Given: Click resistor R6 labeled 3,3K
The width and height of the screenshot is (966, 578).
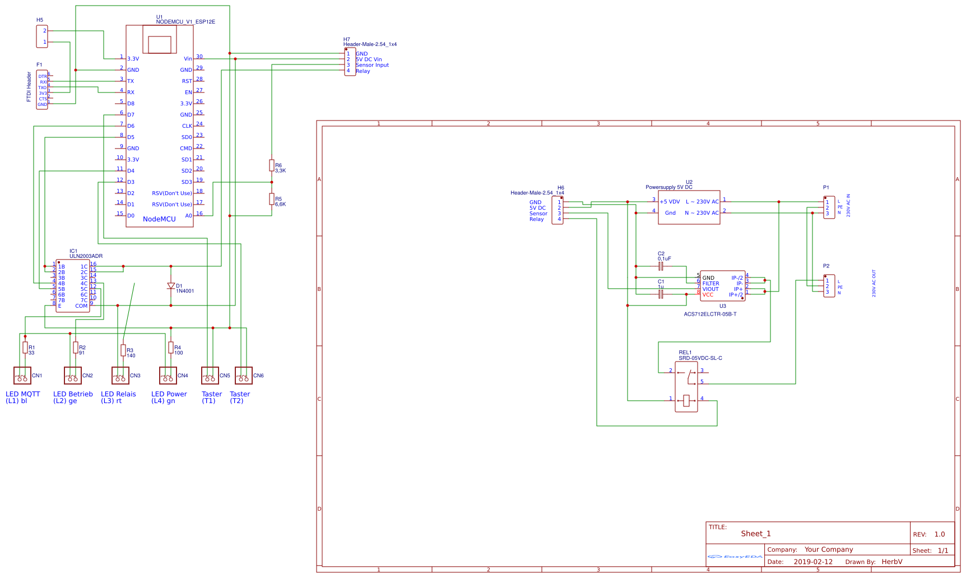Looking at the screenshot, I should point(272,165).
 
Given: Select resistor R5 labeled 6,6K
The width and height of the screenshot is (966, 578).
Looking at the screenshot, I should point(272,199).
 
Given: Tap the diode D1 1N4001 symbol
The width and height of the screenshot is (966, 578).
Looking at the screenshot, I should point(171,286).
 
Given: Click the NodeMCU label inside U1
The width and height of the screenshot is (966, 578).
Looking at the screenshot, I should point(159,219).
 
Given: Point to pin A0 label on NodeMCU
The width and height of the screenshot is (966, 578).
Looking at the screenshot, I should point(188,216).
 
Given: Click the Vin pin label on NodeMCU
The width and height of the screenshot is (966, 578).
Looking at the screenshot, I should point(188,59).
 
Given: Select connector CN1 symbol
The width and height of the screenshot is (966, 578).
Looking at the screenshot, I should point(22,376).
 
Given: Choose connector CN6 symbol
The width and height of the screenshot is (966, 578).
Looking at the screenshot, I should point(243,376).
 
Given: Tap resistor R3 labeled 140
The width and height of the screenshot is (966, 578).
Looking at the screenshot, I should point(123,350).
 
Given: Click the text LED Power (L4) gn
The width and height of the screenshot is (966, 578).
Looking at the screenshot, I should point(169,397).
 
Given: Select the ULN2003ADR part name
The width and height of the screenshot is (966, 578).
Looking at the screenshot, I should point(86,256).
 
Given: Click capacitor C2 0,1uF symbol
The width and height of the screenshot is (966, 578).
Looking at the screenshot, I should point(661,266).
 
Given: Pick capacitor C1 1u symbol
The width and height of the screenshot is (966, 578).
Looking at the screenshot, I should point(661,294).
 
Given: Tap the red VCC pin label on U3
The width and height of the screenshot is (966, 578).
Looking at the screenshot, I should point(708,295).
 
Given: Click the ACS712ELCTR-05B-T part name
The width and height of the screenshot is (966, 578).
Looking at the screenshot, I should point(710,315).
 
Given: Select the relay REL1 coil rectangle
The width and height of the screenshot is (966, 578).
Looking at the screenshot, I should point(686,400).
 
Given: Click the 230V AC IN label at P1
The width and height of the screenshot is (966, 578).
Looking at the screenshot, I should point(848,206).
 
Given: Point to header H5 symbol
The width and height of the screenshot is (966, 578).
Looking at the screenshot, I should point(42,36).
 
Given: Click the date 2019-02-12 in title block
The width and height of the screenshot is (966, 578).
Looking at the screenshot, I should point(813,562).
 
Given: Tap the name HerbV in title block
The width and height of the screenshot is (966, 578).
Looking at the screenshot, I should point(891,562).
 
